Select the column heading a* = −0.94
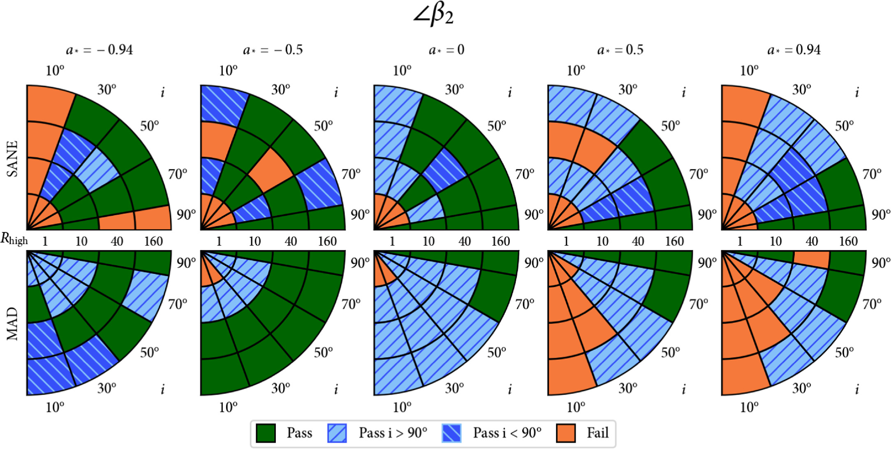(x=100, y=50)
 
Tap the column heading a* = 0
(x=447, y=50)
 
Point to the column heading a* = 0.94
(x=794, y=50)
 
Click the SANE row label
(x=13, y=159)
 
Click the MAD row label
(x=13, y=324)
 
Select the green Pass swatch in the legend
(x=266, y=433)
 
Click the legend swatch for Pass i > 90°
(x=337, y=433)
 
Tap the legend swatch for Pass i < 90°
(x=451, y=433)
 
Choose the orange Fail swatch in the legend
(x=566, y=433)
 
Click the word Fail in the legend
(x=597, y=433)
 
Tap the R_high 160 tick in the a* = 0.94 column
(x=848, y=241)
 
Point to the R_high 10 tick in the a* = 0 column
(x=428, y=241)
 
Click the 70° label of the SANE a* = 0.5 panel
(x=699, y=174)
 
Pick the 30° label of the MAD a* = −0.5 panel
(x=280, y=388)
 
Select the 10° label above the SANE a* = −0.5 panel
(x=228, y=71)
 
